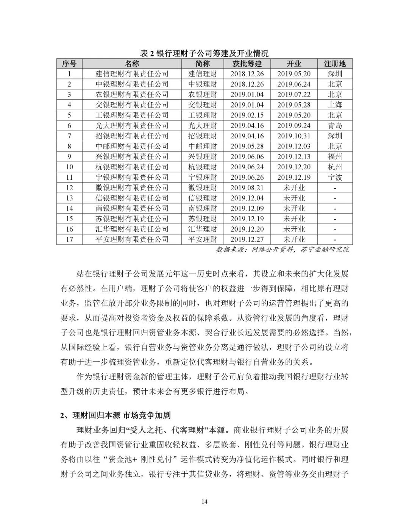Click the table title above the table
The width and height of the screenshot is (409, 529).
tap(204, 53)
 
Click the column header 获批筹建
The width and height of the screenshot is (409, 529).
tap(247, 64)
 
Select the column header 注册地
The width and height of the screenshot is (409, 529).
tap(335, 64)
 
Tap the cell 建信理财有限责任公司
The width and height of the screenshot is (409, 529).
tap(132, 74)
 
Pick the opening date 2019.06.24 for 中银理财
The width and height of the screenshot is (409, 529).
tap(293, 84)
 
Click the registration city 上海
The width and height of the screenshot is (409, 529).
tap(335, 105)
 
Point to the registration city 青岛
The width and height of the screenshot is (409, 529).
tap(335, 126)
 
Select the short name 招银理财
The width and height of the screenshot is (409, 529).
tap(203, 136)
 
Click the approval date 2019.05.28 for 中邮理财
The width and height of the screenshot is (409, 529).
tap(247, 146)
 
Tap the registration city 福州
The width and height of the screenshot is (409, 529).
tap(335, 156)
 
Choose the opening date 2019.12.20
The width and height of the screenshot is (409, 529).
tap(293, 167)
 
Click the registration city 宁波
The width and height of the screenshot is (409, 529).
tap(335, 177)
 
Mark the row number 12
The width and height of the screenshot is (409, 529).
tap(69, 187)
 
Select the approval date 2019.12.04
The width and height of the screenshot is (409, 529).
tap(247, 198)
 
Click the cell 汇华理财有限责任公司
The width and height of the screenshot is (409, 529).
tap(132, 229)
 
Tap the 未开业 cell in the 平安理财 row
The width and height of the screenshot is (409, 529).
tap(293, 239)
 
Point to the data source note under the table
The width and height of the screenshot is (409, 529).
tap(283, 250)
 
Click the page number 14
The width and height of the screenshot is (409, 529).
tap(204, 502)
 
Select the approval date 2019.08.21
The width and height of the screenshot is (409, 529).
tap(247, 187)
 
